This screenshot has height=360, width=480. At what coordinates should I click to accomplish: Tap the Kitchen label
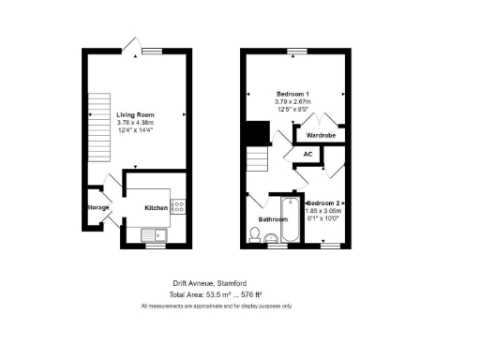[156, 207]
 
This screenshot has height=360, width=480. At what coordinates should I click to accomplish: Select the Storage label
[97, 207]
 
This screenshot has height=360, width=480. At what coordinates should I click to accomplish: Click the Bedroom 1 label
[293, 94]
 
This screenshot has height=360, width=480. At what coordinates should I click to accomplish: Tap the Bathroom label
[273, 220]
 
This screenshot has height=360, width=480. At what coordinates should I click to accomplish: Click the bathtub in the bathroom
[293, 221]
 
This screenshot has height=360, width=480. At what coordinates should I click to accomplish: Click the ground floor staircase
[97, 119]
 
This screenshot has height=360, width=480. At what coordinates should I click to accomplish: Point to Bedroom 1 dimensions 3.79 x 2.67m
[293, 101]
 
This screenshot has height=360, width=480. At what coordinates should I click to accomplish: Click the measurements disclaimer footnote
[217, 307]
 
